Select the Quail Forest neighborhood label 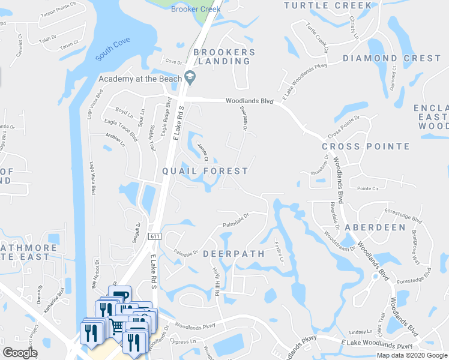point(205,171)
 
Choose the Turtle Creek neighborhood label point(327,5)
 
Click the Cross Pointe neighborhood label point(366,146)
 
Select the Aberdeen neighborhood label point(375,228)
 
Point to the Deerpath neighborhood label point(234,254)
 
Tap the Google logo point(20,352)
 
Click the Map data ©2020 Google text point(411,355)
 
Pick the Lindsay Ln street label point(361,332)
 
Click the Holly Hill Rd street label point(217,280)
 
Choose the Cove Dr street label point(173,62)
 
